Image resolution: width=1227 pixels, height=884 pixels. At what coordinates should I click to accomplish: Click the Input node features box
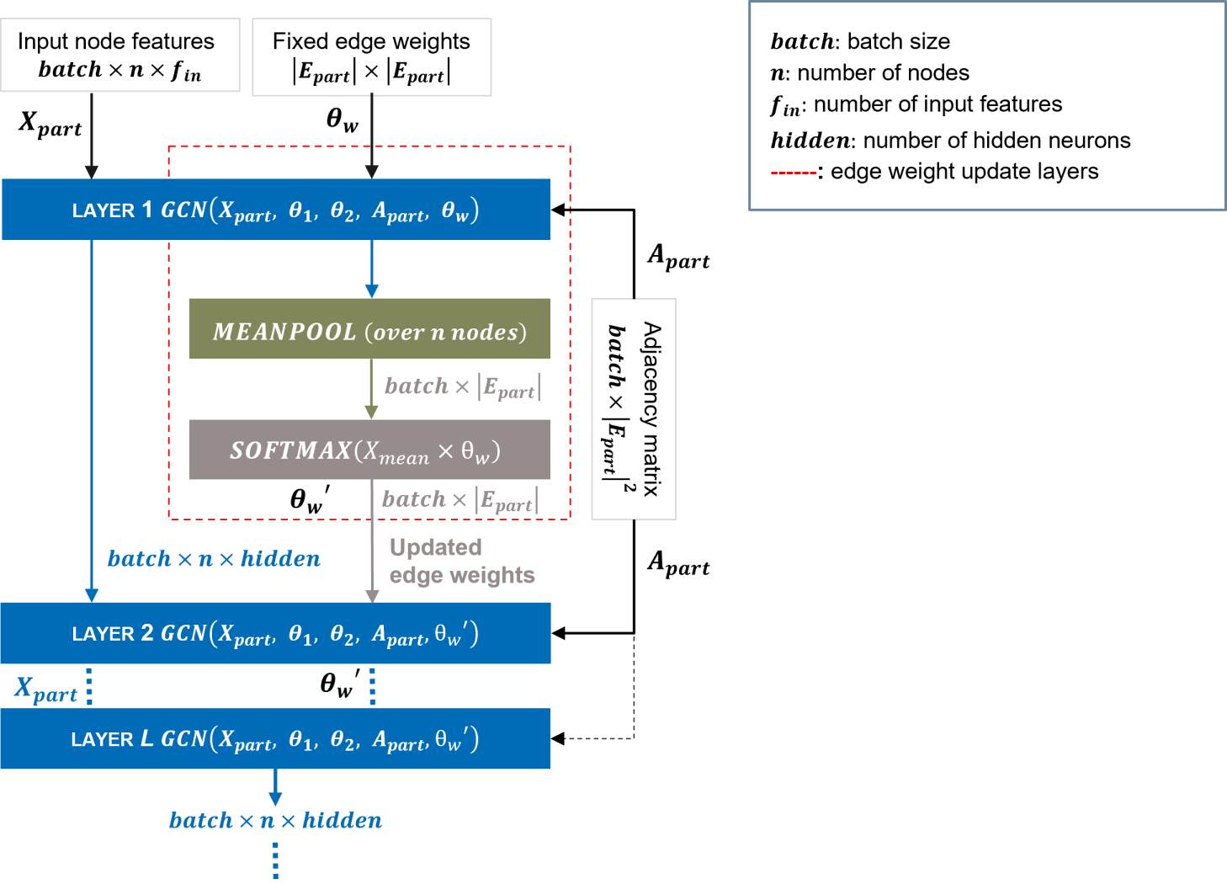pos(120,55)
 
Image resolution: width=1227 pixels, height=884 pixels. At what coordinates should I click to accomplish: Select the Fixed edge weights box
pos(371,56)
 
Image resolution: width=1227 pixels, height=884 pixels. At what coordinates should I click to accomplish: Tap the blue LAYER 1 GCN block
pos(275,210)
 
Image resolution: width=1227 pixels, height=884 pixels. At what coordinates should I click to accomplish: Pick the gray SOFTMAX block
pos(369,450)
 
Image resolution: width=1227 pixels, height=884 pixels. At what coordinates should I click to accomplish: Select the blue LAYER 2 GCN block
pos(275,633)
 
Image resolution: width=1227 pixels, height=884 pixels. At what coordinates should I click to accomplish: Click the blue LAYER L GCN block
pos(275,738)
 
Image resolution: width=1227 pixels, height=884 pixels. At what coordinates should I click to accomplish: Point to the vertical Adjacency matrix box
pos(634,409)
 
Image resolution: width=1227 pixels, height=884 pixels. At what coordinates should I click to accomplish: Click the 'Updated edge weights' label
pos(461,561)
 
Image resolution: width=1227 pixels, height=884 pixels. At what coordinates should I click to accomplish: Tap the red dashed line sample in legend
pos(793,173)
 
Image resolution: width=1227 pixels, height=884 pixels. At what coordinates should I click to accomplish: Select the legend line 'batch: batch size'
pos(860,41)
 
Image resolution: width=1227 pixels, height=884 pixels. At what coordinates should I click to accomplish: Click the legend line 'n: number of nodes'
pos(869,73)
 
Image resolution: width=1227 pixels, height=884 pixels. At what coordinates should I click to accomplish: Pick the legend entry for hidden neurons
pos(950,140)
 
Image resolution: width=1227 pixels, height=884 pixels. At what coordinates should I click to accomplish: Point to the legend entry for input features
pos(916,105)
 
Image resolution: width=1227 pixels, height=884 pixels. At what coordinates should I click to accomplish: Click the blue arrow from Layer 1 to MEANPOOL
pos(371,269)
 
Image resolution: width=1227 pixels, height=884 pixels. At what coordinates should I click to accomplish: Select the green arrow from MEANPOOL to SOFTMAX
pos(371,388)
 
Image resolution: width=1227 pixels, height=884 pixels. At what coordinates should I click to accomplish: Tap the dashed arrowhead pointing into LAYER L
pos(558,738)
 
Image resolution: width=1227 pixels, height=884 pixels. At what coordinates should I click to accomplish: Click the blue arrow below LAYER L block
pos(274,787)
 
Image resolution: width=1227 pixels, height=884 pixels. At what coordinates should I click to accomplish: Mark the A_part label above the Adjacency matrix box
pos(678,256)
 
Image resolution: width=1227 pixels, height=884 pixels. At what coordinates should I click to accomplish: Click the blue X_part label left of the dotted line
pos(46,690)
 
